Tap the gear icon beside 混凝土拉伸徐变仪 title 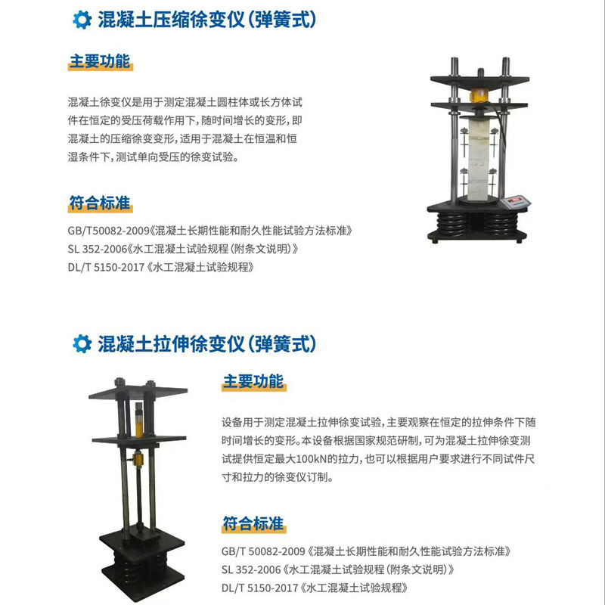point(81,343)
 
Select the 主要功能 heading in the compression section point(100,62)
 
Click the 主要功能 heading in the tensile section point(253,381)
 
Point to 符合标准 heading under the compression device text point(100,203)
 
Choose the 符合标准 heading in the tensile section point(253,523)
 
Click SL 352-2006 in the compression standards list point(98,249)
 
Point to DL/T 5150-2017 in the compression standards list point(107,267)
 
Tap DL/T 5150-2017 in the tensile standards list point(260,587)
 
